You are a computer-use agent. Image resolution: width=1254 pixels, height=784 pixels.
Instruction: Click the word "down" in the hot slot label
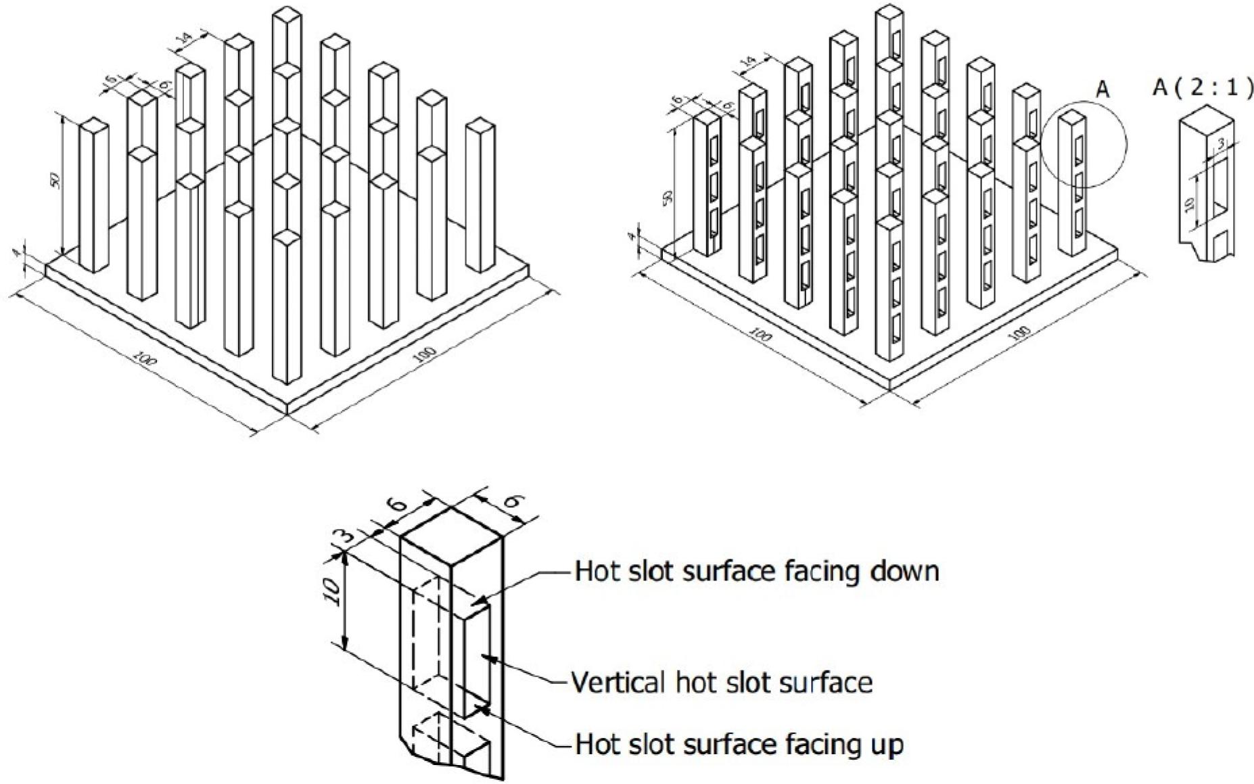tap(906, 572)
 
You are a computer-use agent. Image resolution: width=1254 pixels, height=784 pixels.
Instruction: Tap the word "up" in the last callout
tap(887, 745)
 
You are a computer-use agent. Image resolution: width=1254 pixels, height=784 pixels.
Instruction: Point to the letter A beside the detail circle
tap(1102, 90)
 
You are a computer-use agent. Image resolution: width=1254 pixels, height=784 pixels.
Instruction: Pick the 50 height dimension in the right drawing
tap(668, 198)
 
